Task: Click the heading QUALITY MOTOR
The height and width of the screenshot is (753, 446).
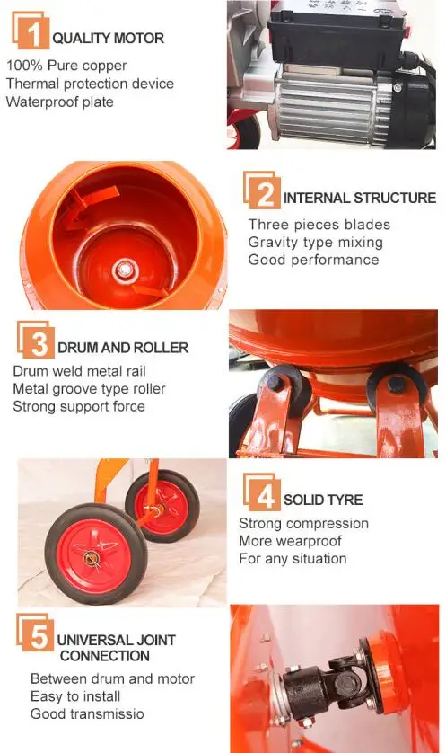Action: [x=108, y=39]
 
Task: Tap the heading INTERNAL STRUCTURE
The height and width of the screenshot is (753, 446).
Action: [x=359, y=198]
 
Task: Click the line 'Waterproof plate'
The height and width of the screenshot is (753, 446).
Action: [x=59, y=102]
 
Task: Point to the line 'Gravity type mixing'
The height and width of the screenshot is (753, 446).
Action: [x=315, y=242]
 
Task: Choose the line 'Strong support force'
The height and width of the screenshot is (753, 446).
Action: [x=79, y=406]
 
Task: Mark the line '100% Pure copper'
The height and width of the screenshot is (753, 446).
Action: [x=66, y=66]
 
